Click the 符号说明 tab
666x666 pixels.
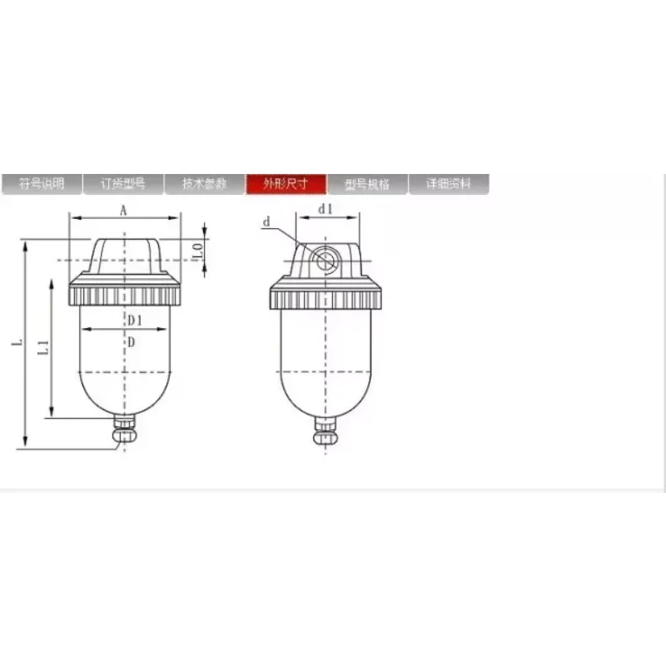(x=42, y=184)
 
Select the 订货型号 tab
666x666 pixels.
(x=123, y=184)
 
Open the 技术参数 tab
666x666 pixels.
(x=204, y=184)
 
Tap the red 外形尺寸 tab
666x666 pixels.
(x=286, y=184)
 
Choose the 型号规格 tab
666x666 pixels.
(x=367, y=184)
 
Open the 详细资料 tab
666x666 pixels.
(x=449, y=184)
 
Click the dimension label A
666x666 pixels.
(x=123, y=211)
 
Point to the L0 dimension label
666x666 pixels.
(x=197, y=248)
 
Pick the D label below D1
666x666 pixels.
(x=131, y=341)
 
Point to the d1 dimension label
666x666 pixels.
(x=326, y=210)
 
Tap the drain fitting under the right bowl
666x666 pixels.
(x=326, y=431)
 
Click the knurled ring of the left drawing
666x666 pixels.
(x=124, y=295)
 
